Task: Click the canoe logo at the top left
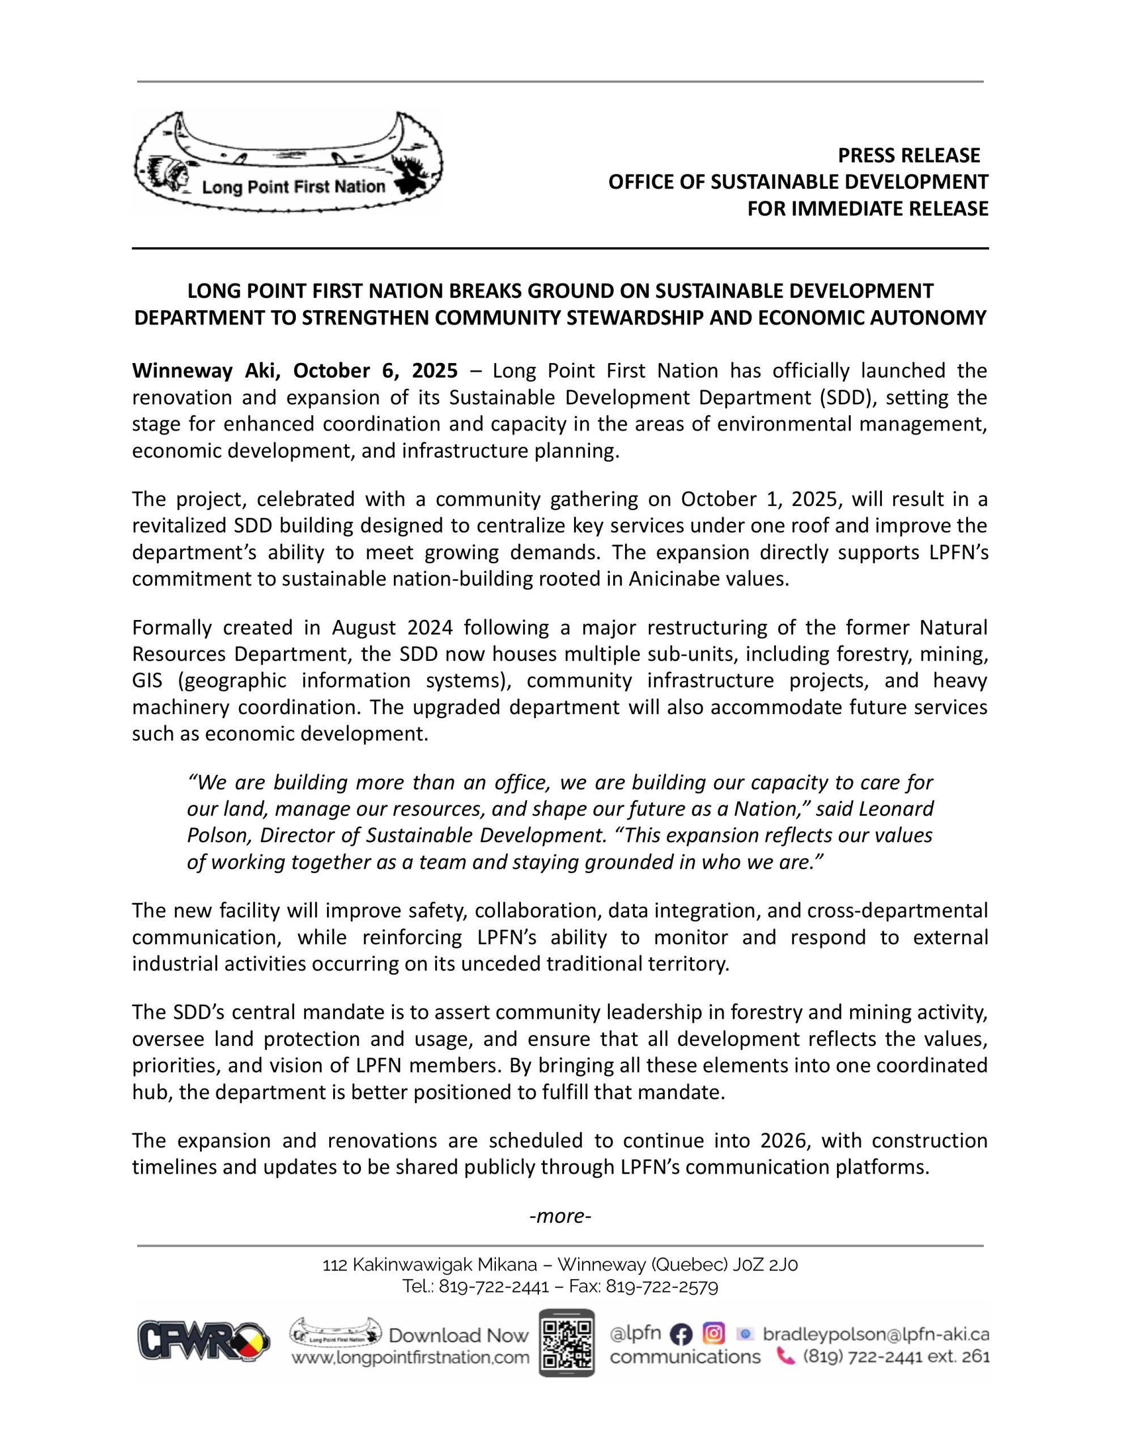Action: [x=288, y=162]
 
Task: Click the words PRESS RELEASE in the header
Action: [x=908, y=155]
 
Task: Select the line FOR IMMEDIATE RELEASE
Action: [x=867, y=209]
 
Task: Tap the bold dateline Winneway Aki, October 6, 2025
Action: [x=295, y=370]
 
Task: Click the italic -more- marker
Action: [x=560, y=1216]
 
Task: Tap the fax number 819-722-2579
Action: [x=662, y=1286]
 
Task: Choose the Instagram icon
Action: [x=714, y=1333]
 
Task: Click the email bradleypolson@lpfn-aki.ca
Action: [x=876, y=1333]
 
